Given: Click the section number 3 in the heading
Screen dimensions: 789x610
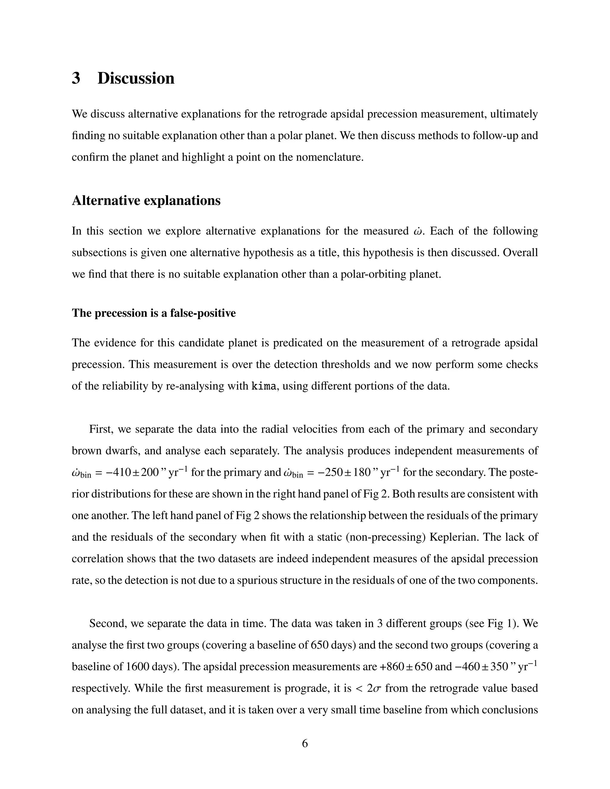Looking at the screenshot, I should click(76, 78).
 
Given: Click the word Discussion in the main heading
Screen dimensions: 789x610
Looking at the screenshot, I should click(136, 78).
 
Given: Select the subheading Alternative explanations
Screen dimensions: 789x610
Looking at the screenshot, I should click(146, 200).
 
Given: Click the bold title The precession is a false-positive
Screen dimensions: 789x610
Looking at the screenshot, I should click(154, 313).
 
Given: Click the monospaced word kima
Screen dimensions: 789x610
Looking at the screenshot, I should click(264, 386).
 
